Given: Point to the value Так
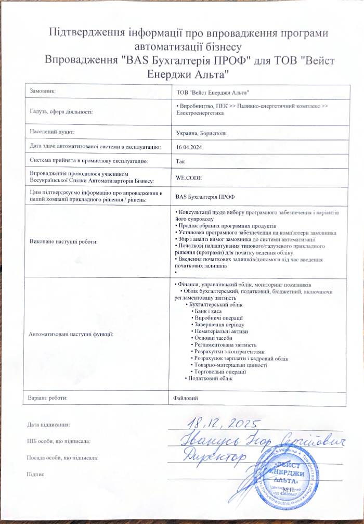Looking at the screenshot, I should point(181,161).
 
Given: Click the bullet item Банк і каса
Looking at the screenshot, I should point(207,310).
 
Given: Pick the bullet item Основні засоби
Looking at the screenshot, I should point(212,338).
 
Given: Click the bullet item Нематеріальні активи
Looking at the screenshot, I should point(218,331).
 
